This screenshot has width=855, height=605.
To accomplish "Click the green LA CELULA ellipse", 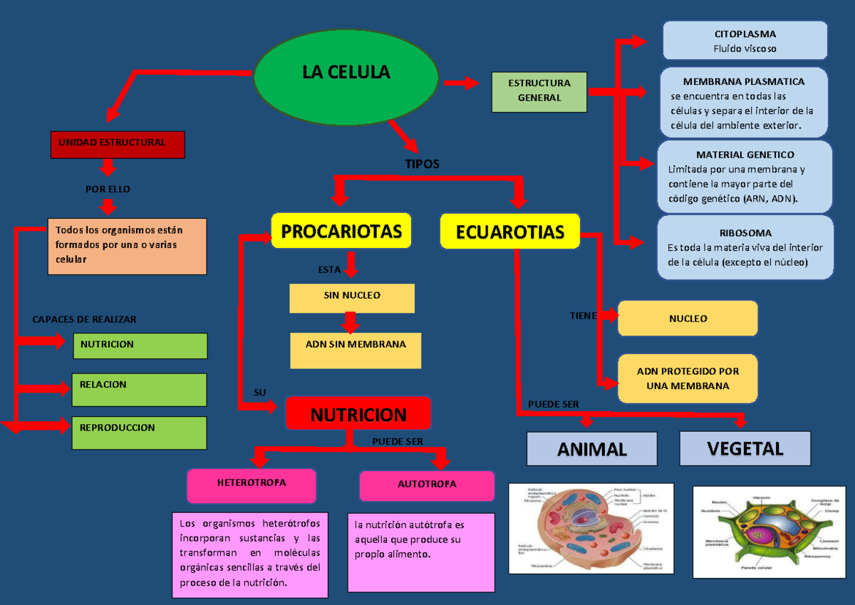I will tap(346, 73).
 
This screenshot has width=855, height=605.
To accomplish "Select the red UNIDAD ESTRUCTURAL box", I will tap(118, 144).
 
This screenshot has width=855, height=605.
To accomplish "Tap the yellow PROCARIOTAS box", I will tap(341, 231).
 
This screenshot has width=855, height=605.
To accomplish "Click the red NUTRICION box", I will tap(358, 414).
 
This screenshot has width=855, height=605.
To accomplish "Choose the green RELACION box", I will tap(139, 389).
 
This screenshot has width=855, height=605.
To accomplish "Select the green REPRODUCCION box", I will tap(139, 433).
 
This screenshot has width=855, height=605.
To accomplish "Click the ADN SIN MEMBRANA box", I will tap(356, 350).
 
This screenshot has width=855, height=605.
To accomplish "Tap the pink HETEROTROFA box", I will tap(252, 485).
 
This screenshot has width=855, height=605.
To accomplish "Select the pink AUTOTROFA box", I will tap(427, 485).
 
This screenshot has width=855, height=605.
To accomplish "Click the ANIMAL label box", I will tap(591, 449).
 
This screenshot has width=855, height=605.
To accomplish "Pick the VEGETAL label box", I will tap(745, 448).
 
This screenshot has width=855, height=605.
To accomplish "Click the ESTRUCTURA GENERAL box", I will tap(539, 91).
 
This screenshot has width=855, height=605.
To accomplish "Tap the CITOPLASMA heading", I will tap(745, 33).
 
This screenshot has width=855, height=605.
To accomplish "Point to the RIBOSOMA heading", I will tap(745, 233).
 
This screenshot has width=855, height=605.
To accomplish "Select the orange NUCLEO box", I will tap(688, 319).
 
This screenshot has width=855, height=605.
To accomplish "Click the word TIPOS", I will tap(422, 164).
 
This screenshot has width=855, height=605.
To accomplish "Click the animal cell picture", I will tap(591, 528).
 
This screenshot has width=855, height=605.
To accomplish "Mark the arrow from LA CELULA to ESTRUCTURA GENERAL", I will tap(461, 83).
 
